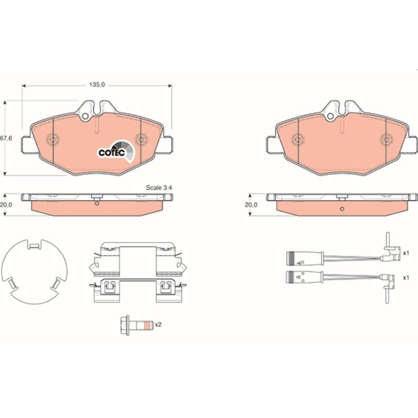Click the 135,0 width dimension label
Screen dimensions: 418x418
click(x=97, y=85)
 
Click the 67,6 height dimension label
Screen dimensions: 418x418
click(x=6, y=138)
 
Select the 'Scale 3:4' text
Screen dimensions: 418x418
click(x=159, y=188)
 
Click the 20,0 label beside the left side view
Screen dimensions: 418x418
click(x=6, y=205)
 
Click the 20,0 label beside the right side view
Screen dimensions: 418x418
click(x=251, y=205)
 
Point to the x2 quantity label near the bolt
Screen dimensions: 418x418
click(x=158, y=324)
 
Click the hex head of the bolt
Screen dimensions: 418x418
click(x=125, y=325)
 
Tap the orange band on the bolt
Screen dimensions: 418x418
click(x=147, y=325)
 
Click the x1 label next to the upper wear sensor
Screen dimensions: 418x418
click(x=406, y=253)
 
